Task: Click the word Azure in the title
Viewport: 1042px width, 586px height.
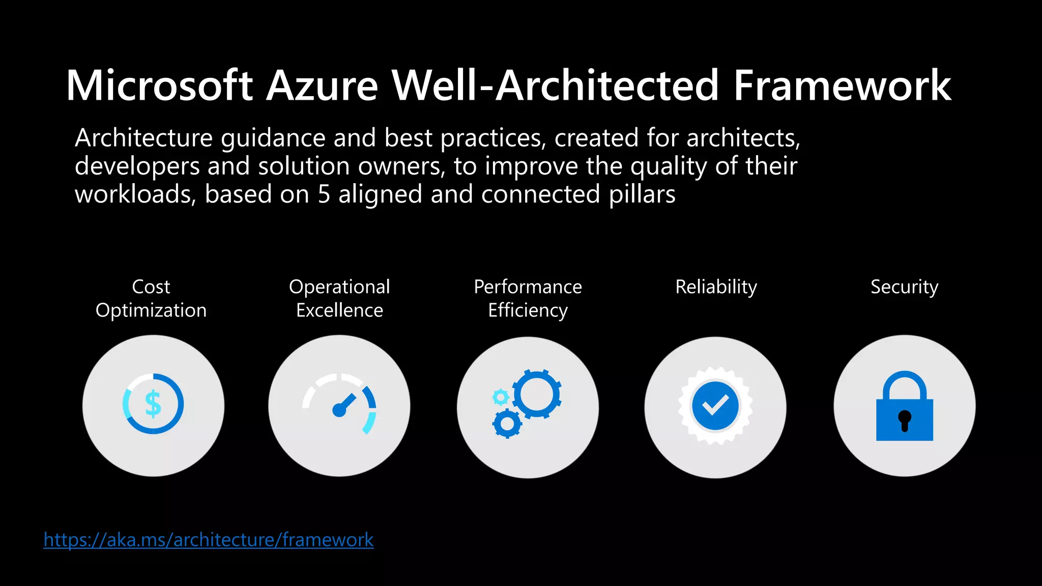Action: (x=322, y=85)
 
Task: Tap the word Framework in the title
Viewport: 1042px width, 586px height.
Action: (x=842, y=85)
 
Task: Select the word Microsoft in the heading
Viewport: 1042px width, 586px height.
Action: (x=159, y=85)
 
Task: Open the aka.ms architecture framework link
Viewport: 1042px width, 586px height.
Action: (x=209, y=540)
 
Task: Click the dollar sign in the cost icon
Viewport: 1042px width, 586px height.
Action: (x=153, y=404)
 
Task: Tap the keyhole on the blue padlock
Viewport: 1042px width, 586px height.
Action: (x=905, y=420)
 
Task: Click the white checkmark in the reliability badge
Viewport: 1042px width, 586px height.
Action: (x=715, y=405)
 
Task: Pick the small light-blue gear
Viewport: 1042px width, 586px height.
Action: (x=501, y=397)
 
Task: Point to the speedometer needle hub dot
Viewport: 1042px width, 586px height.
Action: (x=338, y=410)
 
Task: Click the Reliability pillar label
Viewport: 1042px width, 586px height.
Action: (x=716, y=287)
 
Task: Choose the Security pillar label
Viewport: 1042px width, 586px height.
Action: (x=904, y=287)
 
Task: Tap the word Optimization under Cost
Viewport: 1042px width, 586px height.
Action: (x=151, y=310)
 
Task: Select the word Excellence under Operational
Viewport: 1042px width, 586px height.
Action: (x=339, y=310)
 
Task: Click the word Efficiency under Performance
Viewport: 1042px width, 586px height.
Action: (x=528, y=310)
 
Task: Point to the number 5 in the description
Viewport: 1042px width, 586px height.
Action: (x=324, y=195)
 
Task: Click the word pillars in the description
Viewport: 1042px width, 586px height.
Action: (x=642, y=195)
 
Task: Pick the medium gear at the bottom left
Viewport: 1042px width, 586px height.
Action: (x=507, y=423)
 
